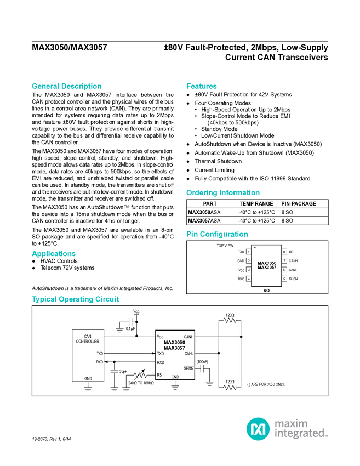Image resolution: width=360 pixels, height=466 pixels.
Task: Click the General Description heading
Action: [x=66, y=86]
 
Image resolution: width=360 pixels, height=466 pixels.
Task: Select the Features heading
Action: [x=202, y=86]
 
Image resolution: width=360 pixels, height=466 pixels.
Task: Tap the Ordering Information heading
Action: [x=222, y=193]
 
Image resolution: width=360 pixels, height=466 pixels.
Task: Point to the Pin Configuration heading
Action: [x=217, y=234]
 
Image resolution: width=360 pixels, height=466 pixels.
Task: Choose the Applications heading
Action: [x=54, y=254]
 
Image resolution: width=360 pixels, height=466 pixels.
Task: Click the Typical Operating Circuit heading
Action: [x=76, y=299]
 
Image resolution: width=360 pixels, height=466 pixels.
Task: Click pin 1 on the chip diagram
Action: [x=249, y=252]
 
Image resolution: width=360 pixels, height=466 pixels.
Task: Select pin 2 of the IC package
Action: [x=249, y=261]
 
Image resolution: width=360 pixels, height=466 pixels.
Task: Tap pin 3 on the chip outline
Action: [x=249, y=270]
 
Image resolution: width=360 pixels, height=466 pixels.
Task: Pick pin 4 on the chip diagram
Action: [x=249, y=279]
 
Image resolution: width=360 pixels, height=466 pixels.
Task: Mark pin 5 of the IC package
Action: [x=284, y=279]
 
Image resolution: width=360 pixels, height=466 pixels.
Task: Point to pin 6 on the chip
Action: [x=284, y=270]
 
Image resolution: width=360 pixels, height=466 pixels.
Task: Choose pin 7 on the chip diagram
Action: [x=284, y=261]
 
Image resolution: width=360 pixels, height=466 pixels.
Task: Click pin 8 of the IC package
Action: [x=284, y=252]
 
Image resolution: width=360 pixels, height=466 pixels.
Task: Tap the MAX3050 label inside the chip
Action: [x=267, y=263]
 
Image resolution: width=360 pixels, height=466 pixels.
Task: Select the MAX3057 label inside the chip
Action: [x=267, y=268]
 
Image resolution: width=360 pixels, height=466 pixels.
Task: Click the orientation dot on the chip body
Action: [x=255, y=248]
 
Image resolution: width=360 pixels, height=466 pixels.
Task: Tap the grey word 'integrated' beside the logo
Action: [x=301, y=434]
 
